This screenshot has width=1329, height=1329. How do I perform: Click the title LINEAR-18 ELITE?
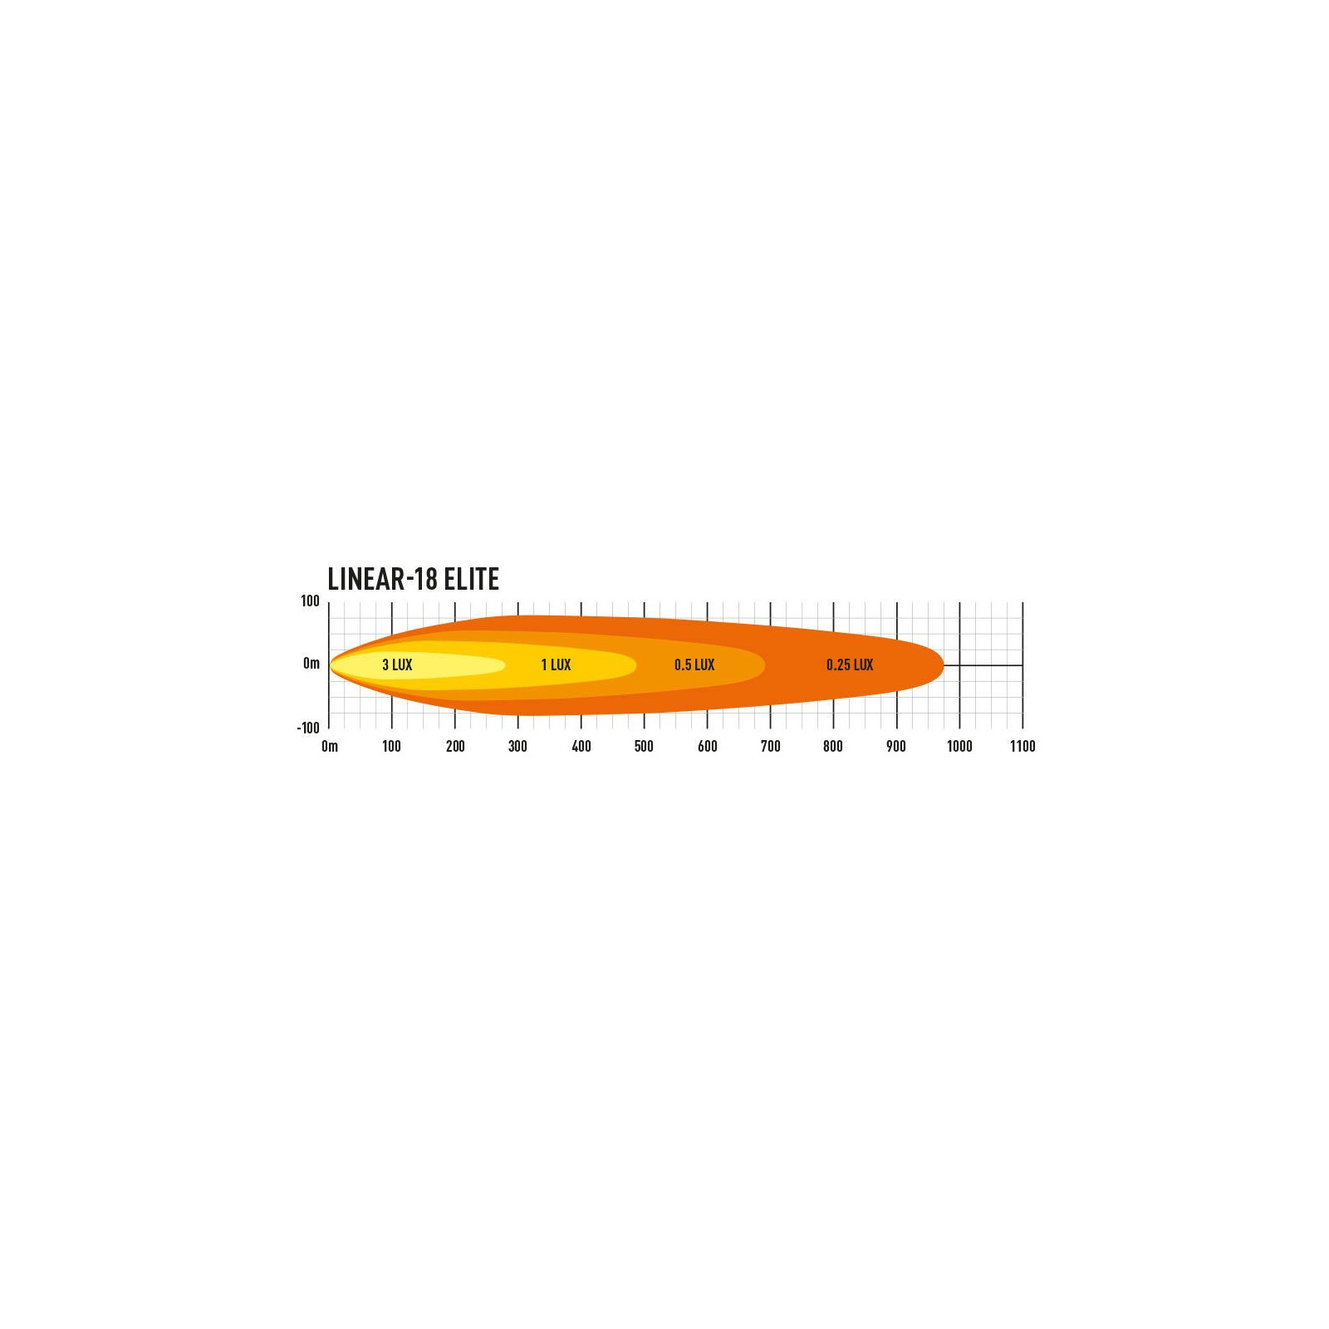(x=413, y=579)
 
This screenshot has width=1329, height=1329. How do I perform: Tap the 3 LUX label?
(x=397, y=664)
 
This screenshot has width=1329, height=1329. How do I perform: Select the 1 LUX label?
(x=556, y=664)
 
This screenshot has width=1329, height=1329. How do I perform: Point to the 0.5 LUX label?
(x=694, y=664)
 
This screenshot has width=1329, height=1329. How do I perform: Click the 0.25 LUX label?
(x=850, y=664)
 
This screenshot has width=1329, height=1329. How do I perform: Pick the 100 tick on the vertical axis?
(x=310, y=601)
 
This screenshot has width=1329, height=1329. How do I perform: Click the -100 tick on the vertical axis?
(x=308, y=728)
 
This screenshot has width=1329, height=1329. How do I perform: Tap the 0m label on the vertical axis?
(x=311, y=663)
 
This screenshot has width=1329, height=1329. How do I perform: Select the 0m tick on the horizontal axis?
(x=330, y=746)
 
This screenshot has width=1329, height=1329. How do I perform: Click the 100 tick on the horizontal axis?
(x=391, y=746)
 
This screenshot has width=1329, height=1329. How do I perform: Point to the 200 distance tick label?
(x=455, y=746)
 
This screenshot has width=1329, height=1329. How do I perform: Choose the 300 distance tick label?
(x=517, y=746)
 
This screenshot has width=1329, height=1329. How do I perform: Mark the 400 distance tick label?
(x=581, y=746)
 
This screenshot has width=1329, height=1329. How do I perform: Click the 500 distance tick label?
(x=644, y=746)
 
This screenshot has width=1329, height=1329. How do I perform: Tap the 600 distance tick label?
(x=707, y=746)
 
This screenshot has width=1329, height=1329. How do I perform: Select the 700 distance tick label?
(x=770, y=746)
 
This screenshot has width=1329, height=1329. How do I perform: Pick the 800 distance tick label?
(x=833, y=746)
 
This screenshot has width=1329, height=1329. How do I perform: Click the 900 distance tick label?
(x=895, y=746)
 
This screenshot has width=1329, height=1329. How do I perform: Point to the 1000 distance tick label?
(x=959, y=746)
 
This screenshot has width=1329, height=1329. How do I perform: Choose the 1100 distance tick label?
(x=1022, y=746)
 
